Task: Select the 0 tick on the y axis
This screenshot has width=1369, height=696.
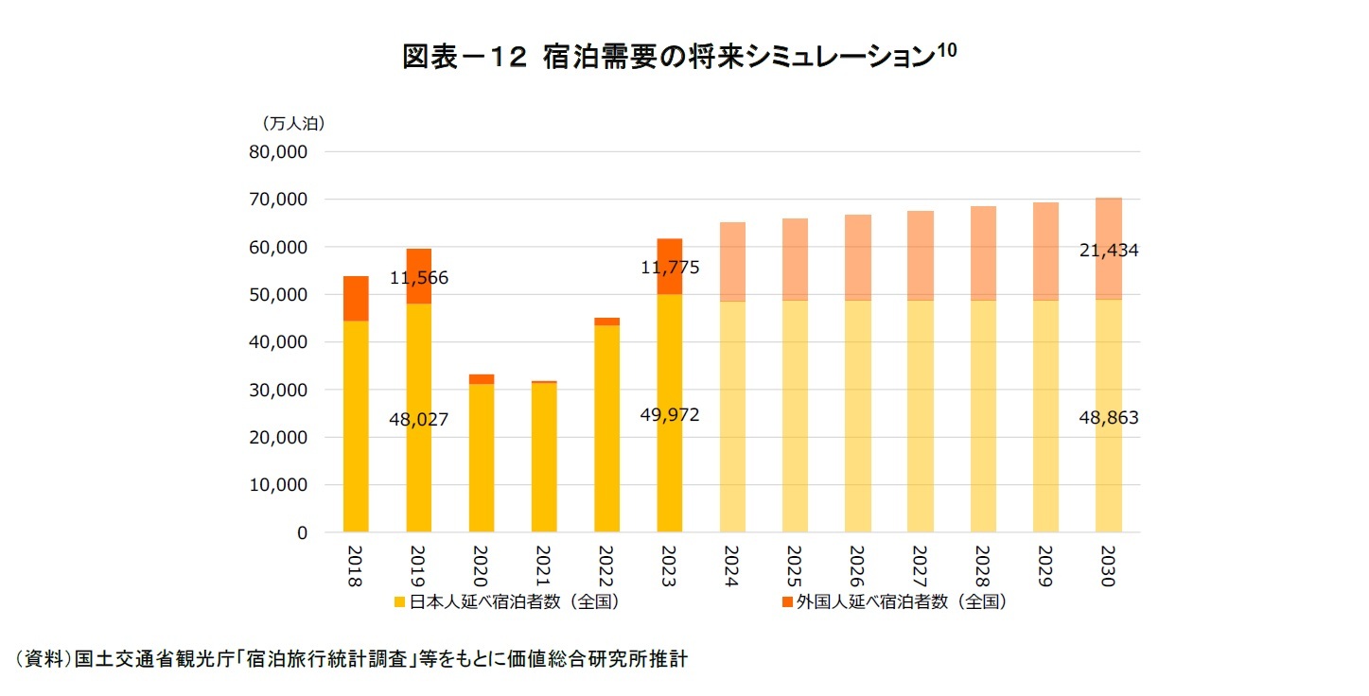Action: (x=303, y=533)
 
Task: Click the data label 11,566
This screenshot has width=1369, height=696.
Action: (x=419, y=279)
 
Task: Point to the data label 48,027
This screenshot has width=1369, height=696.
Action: (x=419, y=419)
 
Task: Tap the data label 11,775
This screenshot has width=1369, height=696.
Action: (x=670, y=268)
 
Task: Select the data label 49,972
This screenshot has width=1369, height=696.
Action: (x=670, y=415)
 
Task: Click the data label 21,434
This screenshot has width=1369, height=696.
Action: (x=1109, y=251)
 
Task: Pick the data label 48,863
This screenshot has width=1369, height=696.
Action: (x=1109, y=418)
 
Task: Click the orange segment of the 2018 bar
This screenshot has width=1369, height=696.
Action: (x=356, y=298)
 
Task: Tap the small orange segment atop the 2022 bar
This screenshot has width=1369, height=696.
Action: (x=606, y=322)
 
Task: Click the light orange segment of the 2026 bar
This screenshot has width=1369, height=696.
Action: (x=858, y=257)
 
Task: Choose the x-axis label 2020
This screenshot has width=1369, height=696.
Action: (x=481, y=565)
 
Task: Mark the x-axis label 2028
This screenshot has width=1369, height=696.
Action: (x=983, y=565)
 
